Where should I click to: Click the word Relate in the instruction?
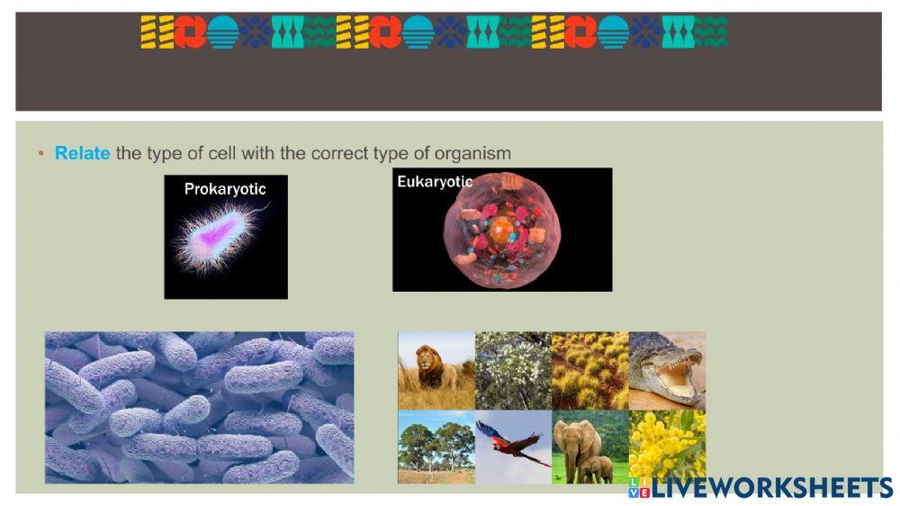[82, 154]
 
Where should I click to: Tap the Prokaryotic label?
[225, 189]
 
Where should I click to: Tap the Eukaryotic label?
[435, 182]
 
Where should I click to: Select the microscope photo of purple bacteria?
[199, 407]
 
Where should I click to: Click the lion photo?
[436, 370]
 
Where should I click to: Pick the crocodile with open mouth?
[667, 370]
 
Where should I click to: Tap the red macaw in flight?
[513, 447]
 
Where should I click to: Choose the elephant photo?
[589, 447]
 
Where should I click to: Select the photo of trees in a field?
[436, 447]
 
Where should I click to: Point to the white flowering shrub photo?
[513, 370]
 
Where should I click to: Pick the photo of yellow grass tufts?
[589, 370]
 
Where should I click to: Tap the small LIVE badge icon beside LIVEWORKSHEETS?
[639, 488]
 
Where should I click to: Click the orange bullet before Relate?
[40, 154]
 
